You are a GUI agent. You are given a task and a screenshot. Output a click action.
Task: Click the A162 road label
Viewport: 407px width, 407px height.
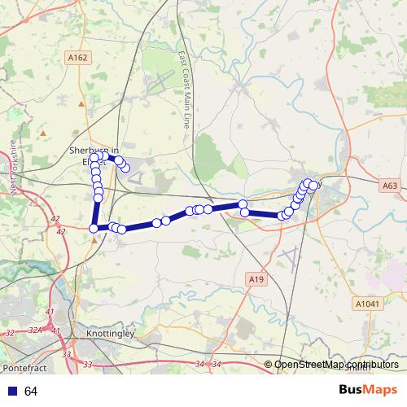pos(77,58)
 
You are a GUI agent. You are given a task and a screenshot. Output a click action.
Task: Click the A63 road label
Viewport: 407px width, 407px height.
pos(391,186)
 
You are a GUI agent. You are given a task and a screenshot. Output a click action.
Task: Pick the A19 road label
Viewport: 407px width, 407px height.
pos(256,279)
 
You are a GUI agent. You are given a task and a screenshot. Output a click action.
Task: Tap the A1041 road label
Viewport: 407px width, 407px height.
pos(367,303)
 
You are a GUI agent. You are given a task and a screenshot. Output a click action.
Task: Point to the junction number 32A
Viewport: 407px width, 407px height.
pos(35,331)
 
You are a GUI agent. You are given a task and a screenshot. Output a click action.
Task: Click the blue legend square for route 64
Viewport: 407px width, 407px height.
pos(10,392)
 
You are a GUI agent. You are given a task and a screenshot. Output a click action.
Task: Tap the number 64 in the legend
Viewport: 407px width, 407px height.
pos(32,392)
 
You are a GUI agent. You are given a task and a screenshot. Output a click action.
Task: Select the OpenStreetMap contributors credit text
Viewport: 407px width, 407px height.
pos(336,365)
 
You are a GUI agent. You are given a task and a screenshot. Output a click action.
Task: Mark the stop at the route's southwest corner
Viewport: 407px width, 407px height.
pos(94,229)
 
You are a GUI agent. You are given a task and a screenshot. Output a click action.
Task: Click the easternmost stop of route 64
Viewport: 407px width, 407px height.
pos(313,186)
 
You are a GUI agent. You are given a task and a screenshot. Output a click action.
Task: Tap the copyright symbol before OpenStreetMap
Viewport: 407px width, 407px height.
pos(268,365)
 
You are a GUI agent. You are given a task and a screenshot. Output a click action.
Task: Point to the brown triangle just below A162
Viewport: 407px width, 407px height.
pos(81,104)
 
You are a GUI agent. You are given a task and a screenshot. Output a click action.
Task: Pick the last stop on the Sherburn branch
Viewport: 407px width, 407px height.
pos(125,168)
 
